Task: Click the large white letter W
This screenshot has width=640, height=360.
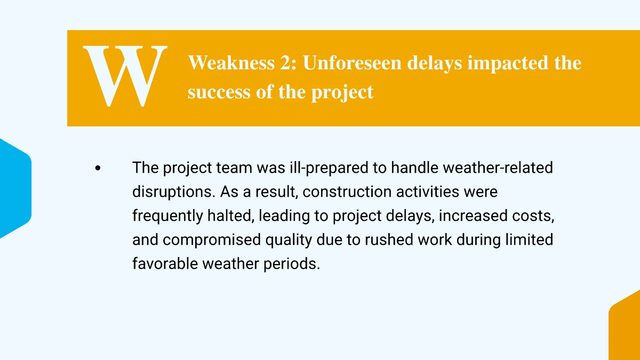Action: click(x=125, y=76)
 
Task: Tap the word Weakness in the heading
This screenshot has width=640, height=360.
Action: click(x=231, y=62)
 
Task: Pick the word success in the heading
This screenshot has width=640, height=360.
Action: click(x=219, y=92)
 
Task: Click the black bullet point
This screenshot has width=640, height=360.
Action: click(x=98, y=168)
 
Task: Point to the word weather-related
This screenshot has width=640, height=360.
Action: click(x=498, y=167)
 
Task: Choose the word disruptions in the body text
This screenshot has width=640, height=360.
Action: click(x=174, y=192)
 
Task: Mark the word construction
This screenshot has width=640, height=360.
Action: click(x=347, y=191)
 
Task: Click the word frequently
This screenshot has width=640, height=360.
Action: click(x=167, y=216)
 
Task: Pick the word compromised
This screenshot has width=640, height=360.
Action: click(x=212, y=240)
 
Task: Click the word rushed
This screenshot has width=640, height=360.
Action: click(x=389, y=239)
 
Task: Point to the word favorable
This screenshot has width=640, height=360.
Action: click(x=165, y=263)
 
